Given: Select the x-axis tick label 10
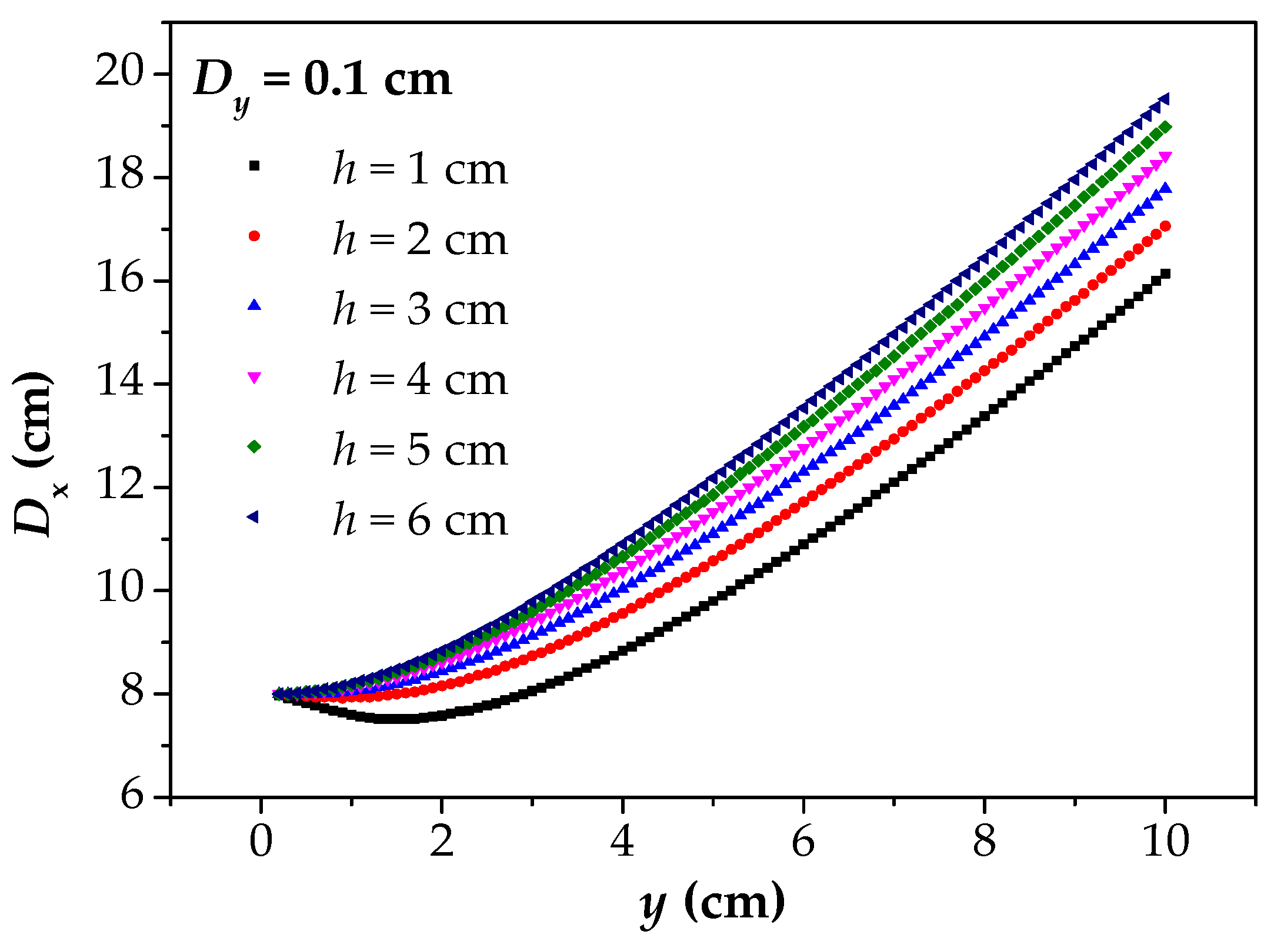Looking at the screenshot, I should (1165, 842).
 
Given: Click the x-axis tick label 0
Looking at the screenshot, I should (261, 842).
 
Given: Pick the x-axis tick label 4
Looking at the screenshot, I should (622, 842).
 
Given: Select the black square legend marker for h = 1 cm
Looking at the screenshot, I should (254, 166).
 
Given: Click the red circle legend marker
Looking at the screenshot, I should (254, 236).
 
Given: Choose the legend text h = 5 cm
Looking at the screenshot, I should (420, 450).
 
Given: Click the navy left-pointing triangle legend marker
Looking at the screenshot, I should (254, 517).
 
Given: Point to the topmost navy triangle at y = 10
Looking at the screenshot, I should (1164, 99).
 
